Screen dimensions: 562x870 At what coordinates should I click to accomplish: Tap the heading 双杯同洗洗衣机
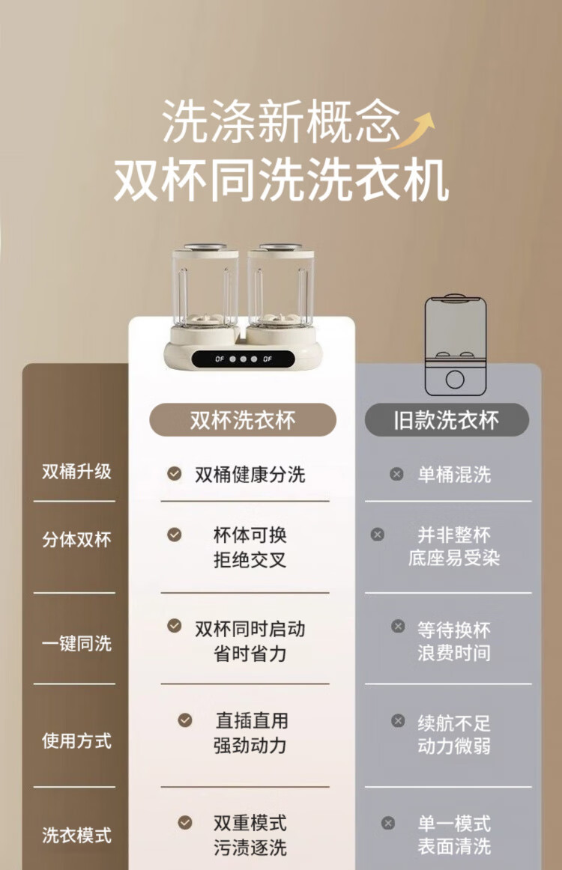[282, 180]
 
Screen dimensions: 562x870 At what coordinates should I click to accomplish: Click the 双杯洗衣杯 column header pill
[243, 419]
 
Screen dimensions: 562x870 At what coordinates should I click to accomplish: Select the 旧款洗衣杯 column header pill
[447, 419]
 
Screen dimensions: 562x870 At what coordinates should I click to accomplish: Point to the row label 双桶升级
[76, 472]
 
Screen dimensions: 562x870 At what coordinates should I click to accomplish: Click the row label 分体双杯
[76, 539]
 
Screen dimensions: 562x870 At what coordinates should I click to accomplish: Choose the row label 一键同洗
[76, 643]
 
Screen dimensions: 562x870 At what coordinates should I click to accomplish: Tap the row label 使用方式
[76, 740]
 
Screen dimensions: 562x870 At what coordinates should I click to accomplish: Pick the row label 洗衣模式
[76, 835]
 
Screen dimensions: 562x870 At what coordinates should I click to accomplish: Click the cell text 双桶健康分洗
[250, 475]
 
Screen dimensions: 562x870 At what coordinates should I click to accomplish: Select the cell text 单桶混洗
[454, 475]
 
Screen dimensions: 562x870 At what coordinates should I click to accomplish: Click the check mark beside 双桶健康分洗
[175, 473]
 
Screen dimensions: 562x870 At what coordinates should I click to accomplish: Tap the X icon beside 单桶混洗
[396, 474]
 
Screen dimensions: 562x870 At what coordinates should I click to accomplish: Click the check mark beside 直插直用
[185, 720]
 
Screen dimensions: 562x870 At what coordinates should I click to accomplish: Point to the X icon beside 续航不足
[398, 720]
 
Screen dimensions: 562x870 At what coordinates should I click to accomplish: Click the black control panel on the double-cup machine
[244, 359]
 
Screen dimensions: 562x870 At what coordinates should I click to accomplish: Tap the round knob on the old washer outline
[455, 380]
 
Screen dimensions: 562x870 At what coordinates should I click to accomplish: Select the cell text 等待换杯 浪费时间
[454, 642]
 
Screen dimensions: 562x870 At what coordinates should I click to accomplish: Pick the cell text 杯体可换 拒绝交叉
[250, 547]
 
